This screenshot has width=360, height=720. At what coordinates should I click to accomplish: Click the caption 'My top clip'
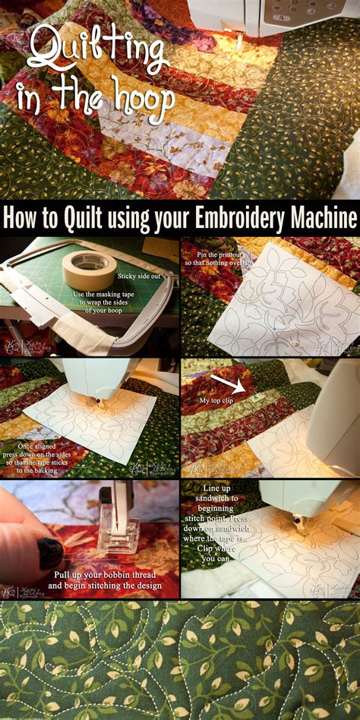(x=215, y=401)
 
